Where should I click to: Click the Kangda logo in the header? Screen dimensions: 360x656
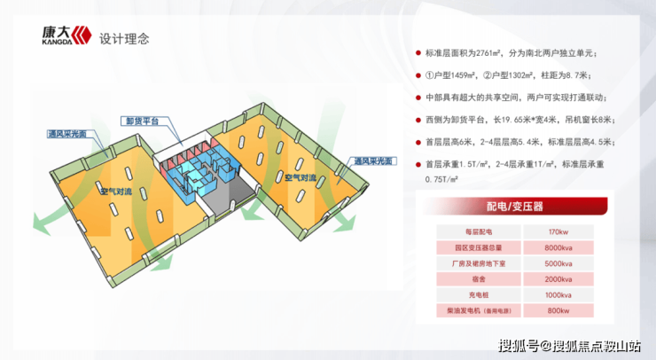tap(65, 35)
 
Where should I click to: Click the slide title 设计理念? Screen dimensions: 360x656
tap(125, 38)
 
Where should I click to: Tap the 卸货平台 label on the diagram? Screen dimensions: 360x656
tap(142, 121)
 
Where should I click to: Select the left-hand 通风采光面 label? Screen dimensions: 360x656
tap(68, 134)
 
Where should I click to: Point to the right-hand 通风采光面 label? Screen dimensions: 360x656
tap(375, 162)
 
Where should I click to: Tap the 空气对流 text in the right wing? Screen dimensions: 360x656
tap(299, 178)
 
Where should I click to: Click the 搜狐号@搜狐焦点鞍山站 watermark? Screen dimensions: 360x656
tap(569, 345)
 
